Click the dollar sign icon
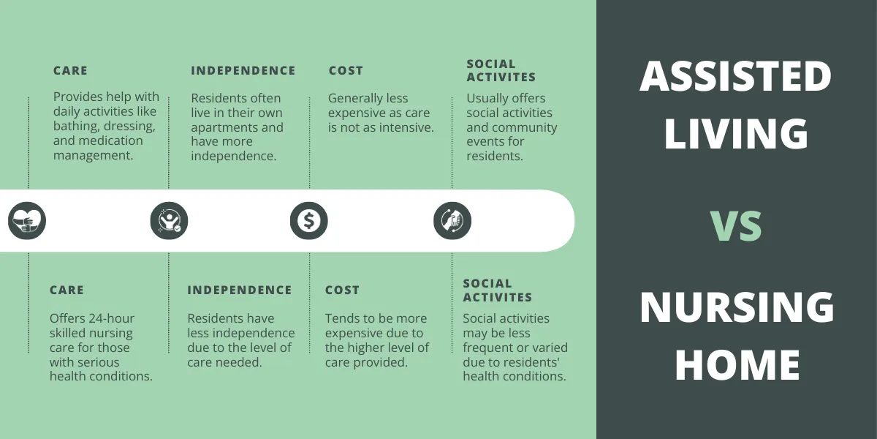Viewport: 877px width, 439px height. tap(308, 220)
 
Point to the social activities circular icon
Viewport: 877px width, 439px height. tap(452, 220)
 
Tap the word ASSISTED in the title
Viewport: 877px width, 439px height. tap(736, 76)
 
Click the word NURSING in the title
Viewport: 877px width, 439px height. tap(736, 307)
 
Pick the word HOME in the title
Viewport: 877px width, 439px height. tap(736, 364)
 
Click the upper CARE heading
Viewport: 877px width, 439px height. tap(70, 71)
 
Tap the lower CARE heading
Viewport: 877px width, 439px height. tap(67, 290)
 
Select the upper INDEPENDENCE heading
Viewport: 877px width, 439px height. tap(243, 71)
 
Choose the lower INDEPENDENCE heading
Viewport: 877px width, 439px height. tap(240, 290)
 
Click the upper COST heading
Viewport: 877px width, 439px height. tap(346, 71)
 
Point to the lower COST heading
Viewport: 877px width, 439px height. tap(342, 290)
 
